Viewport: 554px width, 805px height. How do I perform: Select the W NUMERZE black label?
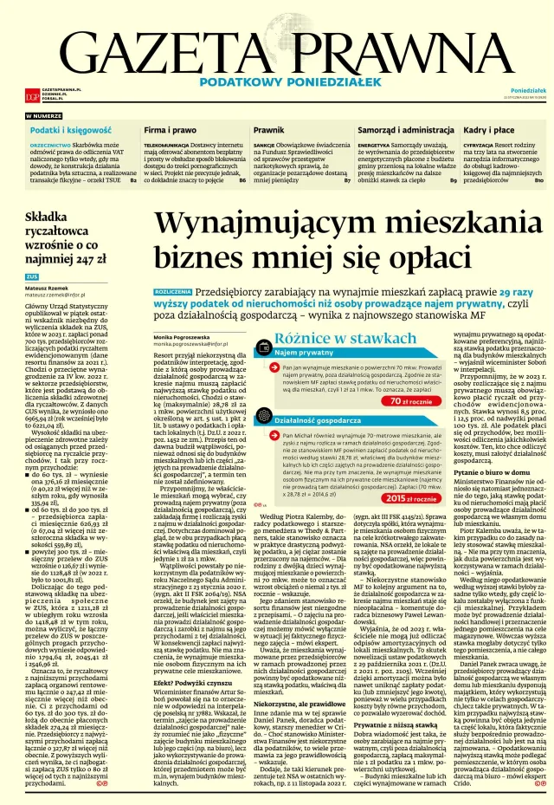coord(43,115)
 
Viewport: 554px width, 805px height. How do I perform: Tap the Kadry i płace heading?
coord(492,129)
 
